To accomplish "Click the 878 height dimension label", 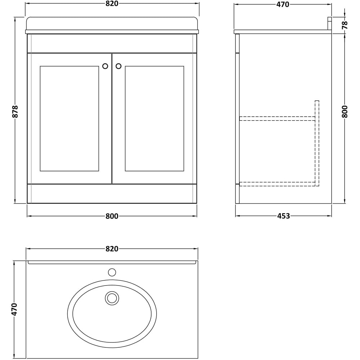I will point(15,111).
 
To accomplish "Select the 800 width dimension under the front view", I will point(112,216).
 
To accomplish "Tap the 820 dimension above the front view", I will point(112,4).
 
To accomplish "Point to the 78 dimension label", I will point(345,25).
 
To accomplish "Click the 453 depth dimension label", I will point(283,216).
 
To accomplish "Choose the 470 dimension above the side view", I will point(283,4).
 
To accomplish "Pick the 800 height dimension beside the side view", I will point(345,111).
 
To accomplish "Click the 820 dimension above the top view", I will point(112,249).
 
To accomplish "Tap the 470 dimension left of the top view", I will point(14,309).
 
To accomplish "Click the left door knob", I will point(105,66).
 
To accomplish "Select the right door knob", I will point(118,66).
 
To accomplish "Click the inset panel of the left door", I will point(69,118).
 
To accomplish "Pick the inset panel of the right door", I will point(154,118).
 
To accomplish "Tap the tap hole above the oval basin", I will point(112,272).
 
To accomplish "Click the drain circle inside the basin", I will point(112,298).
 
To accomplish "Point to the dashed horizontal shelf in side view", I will point(277,118).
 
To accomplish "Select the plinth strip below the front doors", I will point(112,194).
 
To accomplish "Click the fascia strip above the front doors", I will point(112,43).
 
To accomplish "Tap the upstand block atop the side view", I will point(329,23).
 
